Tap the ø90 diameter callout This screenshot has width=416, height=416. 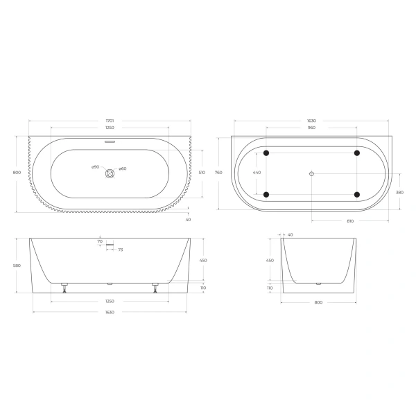point(96,167)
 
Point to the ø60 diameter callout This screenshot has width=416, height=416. point(122,168)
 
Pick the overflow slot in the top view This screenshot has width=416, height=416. point(110,144)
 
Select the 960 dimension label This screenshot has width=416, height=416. point(311,128)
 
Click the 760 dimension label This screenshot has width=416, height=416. point(218,173)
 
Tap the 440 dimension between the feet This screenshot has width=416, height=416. point(257,173)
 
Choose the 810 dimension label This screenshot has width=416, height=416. point(350,220)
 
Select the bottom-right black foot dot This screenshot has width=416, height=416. point(356,194)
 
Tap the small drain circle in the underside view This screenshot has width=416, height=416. point(311,173)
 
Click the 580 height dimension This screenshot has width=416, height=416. point(17,264)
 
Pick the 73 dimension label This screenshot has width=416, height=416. point(121,250)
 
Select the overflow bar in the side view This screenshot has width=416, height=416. point(109,244)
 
